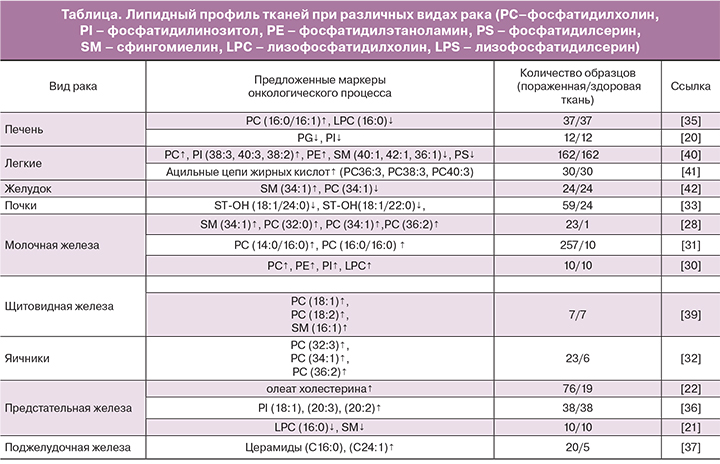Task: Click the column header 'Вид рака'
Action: click(x=67, y=85)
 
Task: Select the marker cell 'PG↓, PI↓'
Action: click(x=320, y=136)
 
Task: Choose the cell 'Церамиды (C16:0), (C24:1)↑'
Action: click(x=320, y=447)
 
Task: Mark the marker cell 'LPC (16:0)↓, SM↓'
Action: click(x=320, y=427)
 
